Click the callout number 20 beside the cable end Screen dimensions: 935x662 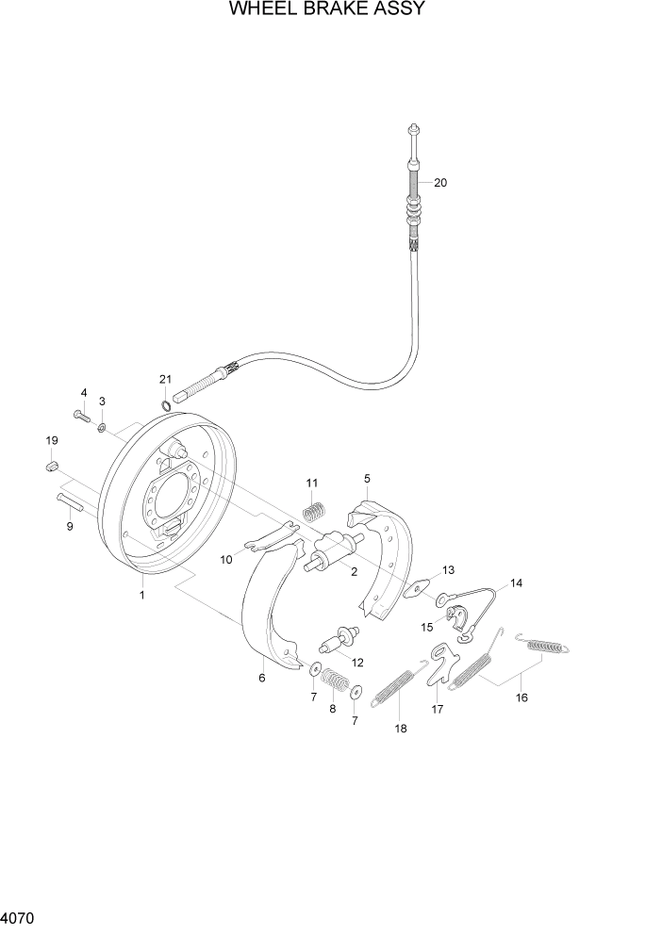439,183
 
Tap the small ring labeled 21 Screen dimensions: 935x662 166,406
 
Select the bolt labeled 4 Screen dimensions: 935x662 80,415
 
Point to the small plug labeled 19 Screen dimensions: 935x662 53,465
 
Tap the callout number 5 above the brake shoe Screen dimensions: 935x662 367,479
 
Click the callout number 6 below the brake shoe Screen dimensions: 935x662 262,678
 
